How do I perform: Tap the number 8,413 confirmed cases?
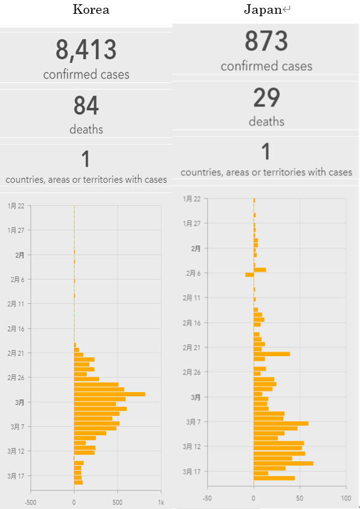coord(86,50)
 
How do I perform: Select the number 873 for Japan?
coord(266,41)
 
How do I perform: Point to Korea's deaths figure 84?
coord(86,106)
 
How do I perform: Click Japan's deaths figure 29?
coord(266,98)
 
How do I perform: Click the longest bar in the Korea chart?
coord(109,394)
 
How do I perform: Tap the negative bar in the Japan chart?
coord(249,275)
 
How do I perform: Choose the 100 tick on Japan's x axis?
coord(345,498)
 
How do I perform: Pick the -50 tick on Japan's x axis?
coord(208,498)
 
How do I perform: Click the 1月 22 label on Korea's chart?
coord(16,206)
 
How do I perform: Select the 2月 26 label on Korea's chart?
coord(16,377)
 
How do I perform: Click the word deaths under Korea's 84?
coord(86,129)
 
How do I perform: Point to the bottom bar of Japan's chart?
coord(274,478)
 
